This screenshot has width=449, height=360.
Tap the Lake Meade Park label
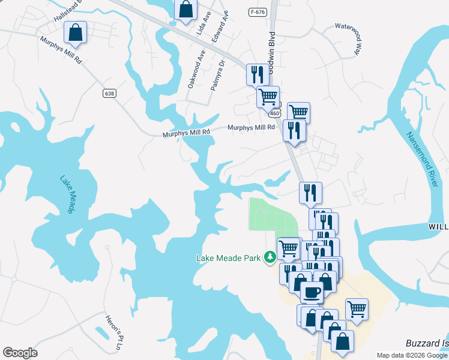228,258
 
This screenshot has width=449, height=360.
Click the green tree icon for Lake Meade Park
270,257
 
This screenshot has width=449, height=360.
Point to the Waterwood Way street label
350,37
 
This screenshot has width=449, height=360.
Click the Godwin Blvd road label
271,54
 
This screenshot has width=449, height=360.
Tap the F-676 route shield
258,12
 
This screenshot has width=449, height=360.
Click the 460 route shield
275,112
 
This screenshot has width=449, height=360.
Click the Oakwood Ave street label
196,69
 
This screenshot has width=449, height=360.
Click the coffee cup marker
311,292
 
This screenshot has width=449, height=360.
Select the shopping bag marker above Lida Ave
186,9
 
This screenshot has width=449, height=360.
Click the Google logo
20,353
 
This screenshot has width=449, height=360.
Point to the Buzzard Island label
427,343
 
